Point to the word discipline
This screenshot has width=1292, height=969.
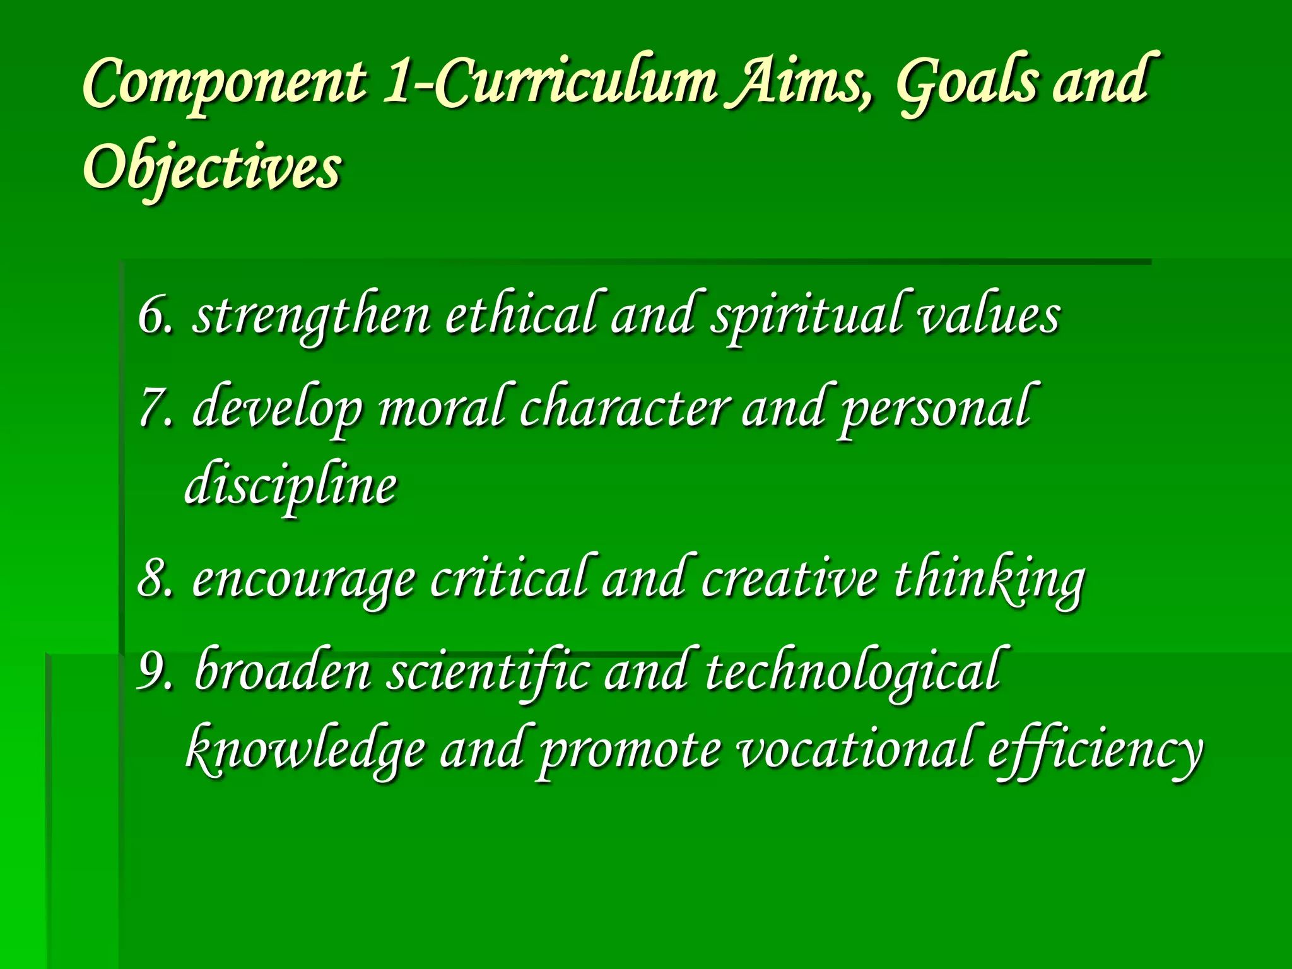(x=291, y=486)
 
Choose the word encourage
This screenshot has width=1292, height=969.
(x=303, y=579)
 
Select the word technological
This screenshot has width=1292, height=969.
(x=852, y=672)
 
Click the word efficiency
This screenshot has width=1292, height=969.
(x=1095, y=751)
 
